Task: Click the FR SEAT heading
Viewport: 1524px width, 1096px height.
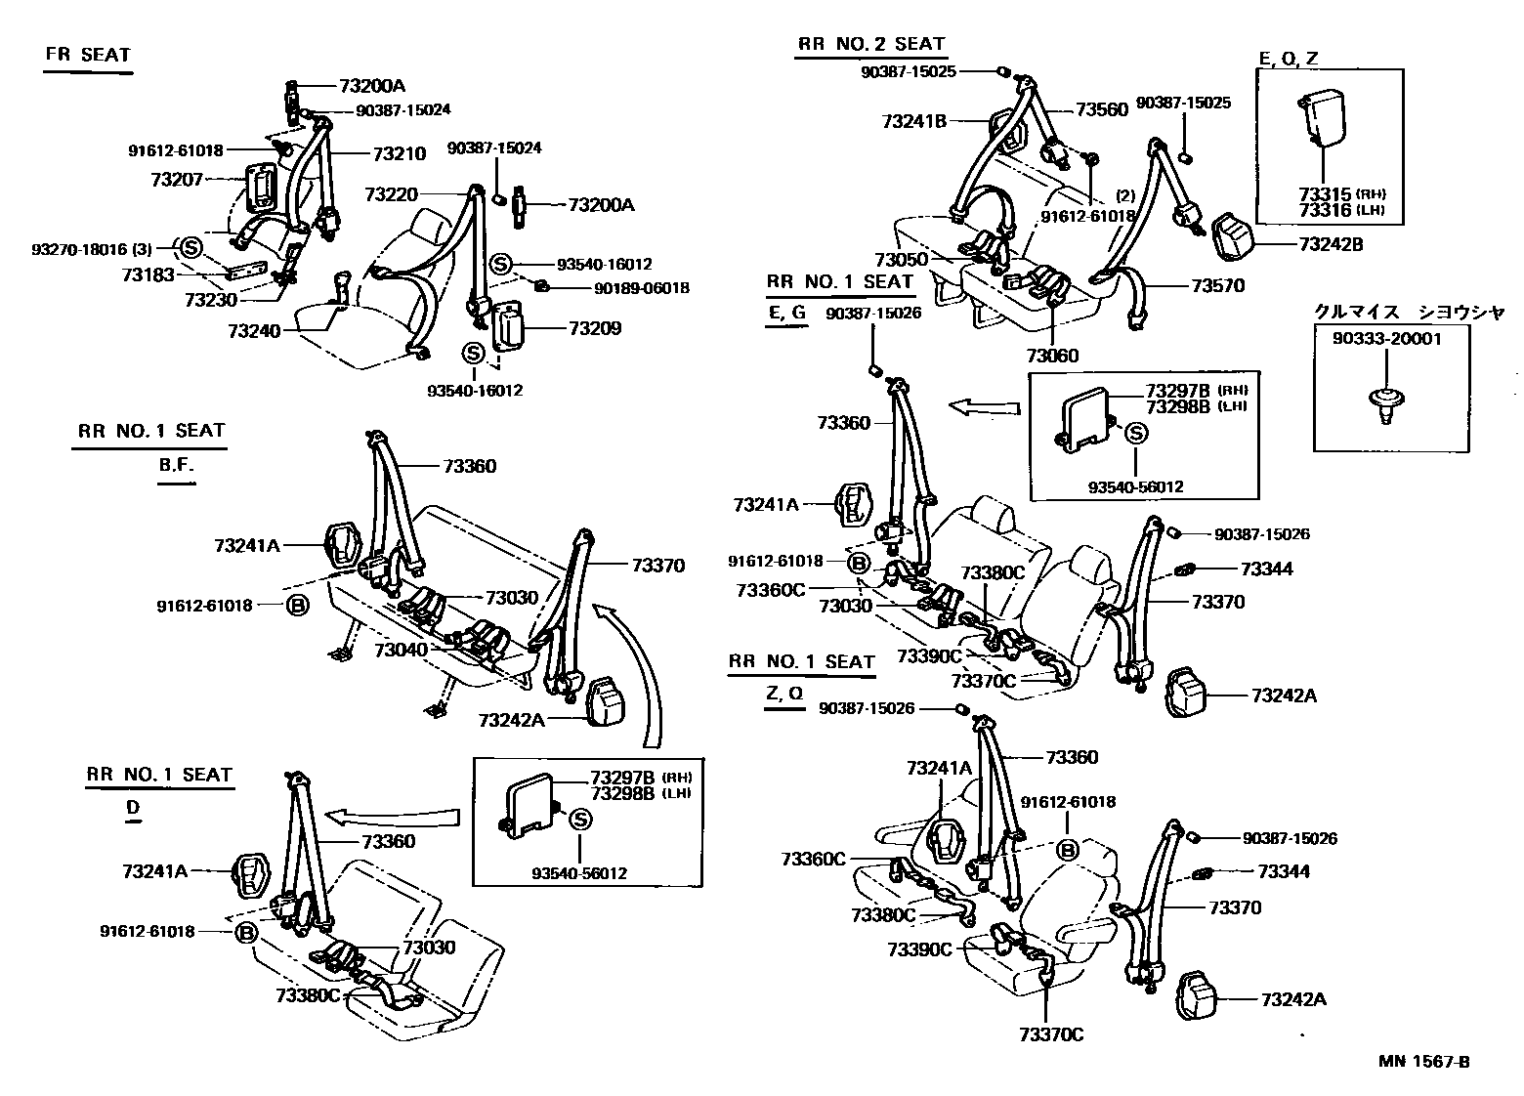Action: [x=87, y=55]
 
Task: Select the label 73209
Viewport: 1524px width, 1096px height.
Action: [x=595, y=328]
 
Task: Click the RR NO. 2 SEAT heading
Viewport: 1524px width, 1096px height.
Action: [x=870, y=44]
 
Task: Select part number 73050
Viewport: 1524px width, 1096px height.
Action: [x=900, y=260]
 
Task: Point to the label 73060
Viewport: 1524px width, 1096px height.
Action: [x=1053, y=356]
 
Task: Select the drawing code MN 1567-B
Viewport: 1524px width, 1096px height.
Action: [x=1424, y=1062]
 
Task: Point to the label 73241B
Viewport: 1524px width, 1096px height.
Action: [x=913, y=121]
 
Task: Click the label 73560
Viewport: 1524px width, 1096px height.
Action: [x=1102, y=110]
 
